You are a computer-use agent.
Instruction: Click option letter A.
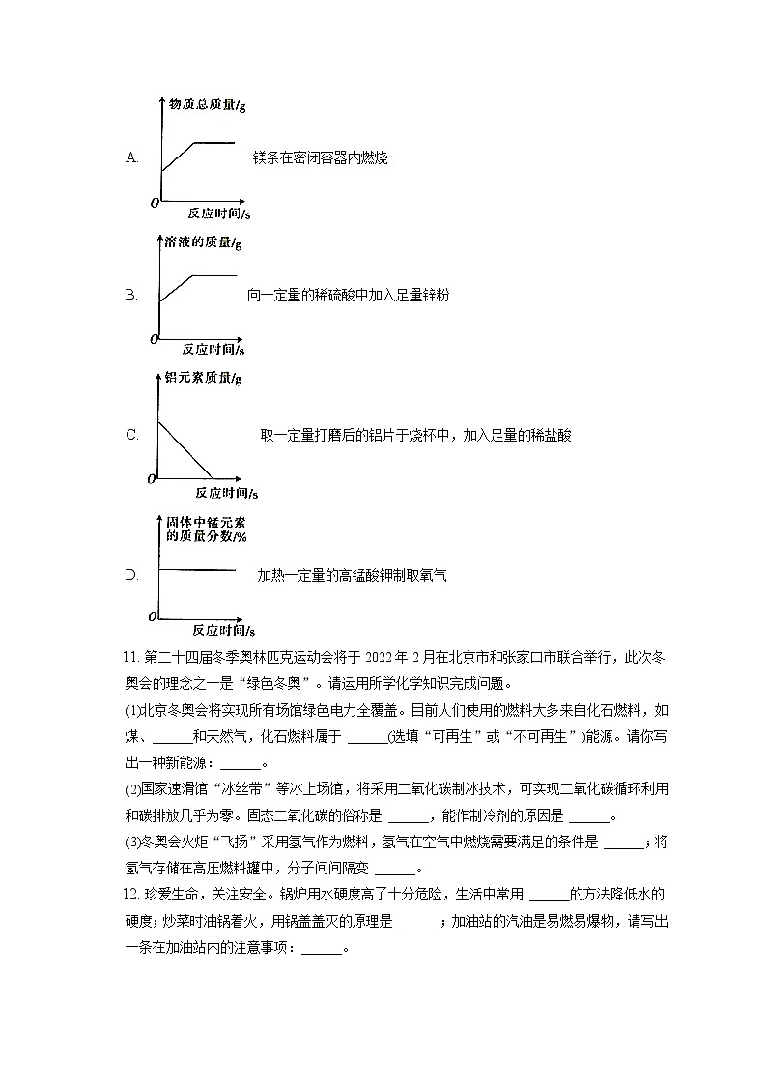132,157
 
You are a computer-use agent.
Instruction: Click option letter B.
132,295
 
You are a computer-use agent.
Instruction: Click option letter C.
132,435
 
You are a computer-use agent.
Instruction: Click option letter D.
132,575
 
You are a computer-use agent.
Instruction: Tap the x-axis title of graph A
218,213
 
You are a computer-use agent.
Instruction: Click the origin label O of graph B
153,339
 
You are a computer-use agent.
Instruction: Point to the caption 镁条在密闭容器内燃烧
320,157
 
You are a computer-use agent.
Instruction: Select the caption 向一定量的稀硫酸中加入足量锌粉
348,295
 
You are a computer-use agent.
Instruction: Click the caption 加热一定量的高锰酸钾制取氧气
352,575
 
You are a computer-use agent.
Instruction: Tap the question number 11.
131,658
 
